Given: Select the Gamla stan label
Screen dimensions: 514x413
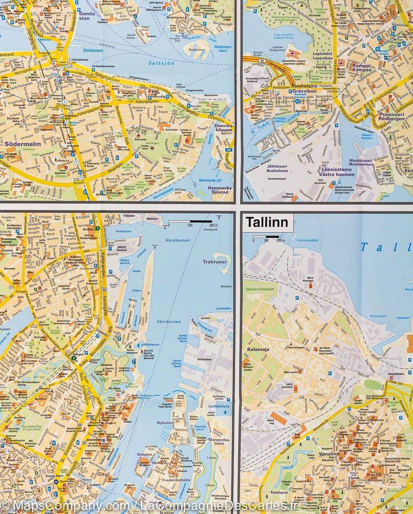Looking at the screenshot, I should click(x=88, y=15).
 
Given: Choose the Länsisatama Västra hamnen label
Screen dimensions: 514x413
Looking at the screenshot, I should click(x=337, y=172).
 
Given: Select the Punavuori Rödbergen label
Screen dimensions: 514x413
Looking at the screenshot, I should click(x=392, y=117).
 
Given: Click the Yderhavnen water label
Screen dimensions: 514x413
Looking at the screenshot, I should click(x=169, y=321).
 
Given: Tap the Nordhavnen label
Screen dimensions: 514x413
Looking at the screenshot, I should click(x=177, y=240).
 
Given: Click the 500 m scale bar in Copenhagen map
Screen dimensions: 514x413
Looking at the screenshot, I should click(x=190, y=221).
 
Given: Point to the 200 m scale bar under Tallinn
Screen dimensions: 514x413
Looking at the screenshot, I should click(x=266, y=236).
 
